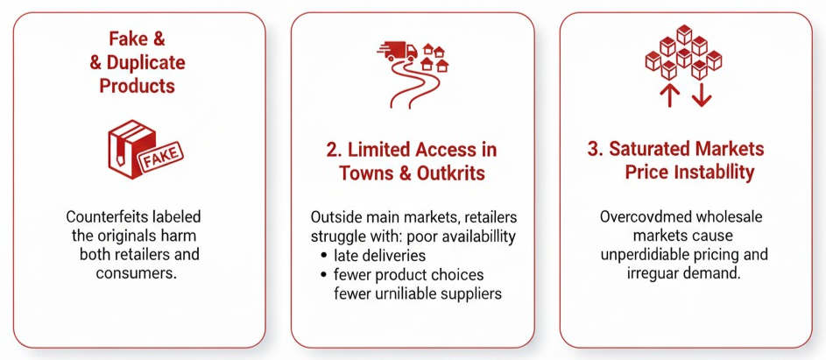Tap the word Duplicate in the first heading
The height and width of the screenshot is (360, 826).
tap(146, 63)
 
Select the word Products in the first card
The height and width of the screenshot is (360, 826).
tap(138, 85)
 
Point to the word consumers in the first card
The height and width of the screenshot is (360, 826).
tap(137, 273)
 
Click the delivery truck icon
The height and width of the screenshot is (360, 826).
tap(398, 51)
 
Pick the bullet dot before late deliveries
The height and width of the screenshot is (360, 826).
tap(323, 256)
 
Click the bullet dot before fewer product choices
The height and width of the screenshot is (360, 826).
tap(323, 275)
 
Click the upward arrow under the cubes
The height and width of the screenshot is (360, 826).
tap(669, 96)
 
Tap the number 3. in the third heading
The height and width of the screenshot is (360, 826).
tap(596, 149)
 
